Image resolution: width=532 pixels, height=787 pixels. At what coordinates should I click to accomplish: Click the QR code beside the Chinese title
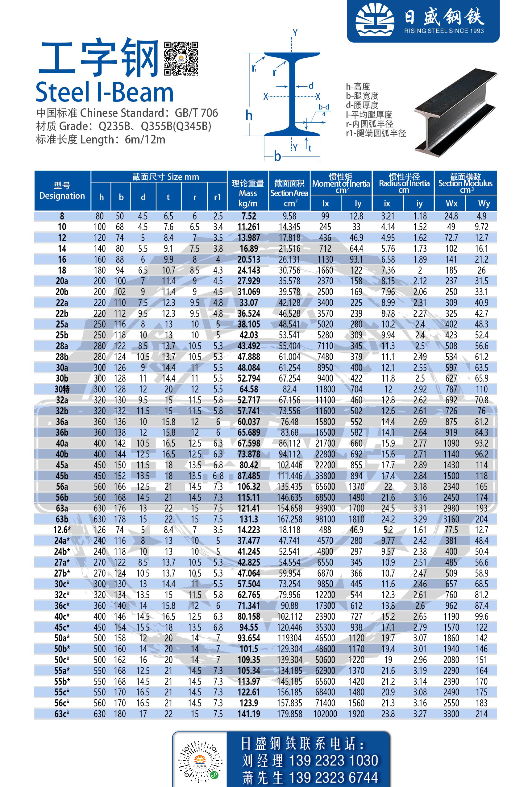pos(181,59)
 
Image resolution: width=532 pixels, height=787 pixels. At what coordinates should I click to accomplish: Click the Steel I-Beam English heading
pos(104,92)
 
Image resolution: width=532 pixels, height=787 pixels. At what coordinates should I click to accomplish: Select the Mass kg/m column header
pos(247,193)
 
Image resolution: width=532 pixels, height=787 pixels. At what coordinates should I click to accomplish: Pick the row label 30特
pos(62,389)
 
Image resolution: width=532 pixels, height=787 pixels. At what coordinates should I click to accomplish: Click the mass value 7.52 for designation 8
pos(248,216)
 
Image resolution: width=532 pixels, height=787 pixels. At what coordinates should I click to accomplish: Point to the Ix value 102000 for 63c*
pos(325,714)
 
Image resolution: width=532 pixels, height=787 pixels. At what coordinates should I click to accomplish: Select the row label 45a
pos(62,465)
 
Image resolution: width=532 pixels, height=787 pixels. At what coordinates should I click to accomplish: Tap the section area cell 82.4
pos(289,389)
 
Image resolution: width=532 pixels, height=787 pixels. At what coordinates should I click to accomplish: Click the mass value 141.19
pos(248,714)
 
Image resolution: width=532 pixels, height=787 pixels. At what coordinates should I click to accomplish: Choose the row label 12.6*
pos(62,530)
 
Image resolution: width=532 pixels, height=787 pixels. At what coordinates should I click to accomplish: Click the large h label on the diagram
pos(249,115)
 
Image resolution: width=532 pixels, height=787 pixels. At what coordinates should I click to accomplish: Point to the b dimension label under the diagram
pos(277,156)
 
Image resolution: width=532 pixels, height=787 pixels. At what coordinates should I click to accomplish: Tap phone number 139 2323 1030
pos(333,760)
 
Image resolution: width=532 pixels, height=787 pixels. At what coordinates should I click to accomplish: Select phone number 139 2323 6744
pos(333,777)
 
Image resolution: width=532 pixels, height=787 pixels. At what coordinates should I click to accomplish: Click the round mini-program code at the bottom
pos(200,762)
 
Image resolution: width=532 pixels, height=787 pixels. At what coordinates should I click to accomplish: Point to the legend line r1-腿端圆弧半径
pos(376,133)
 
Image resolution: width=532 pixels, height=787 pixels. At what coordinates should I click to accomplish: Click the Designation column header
pos(62,191)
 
